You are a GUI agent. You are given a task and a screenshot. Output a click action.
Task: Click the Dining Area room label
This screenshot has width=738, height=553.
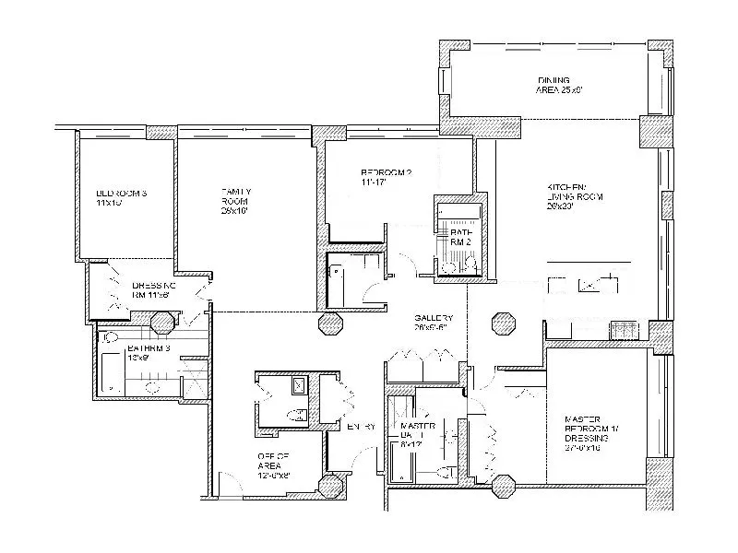[x=562, y=85]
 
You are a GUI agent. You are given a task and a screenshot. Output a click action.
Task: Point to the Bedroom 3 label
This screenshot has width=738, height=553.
[x=122, y=196]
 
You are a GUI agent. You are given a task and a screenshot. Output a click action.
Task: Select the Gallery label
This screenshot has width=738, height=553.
[x=431, y=322]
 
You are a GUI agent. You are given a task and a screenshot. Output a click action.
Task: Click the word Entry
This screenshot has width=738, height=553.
[x=360, y=426]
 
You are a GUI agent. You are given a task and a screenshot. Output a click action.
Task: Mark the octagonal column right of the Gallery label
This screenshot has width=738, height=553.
[x=504, y=324]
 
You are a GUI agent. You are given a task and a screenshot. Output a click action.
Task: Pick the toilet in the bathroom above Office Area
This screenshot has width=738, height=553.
[x=298, y=418]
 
